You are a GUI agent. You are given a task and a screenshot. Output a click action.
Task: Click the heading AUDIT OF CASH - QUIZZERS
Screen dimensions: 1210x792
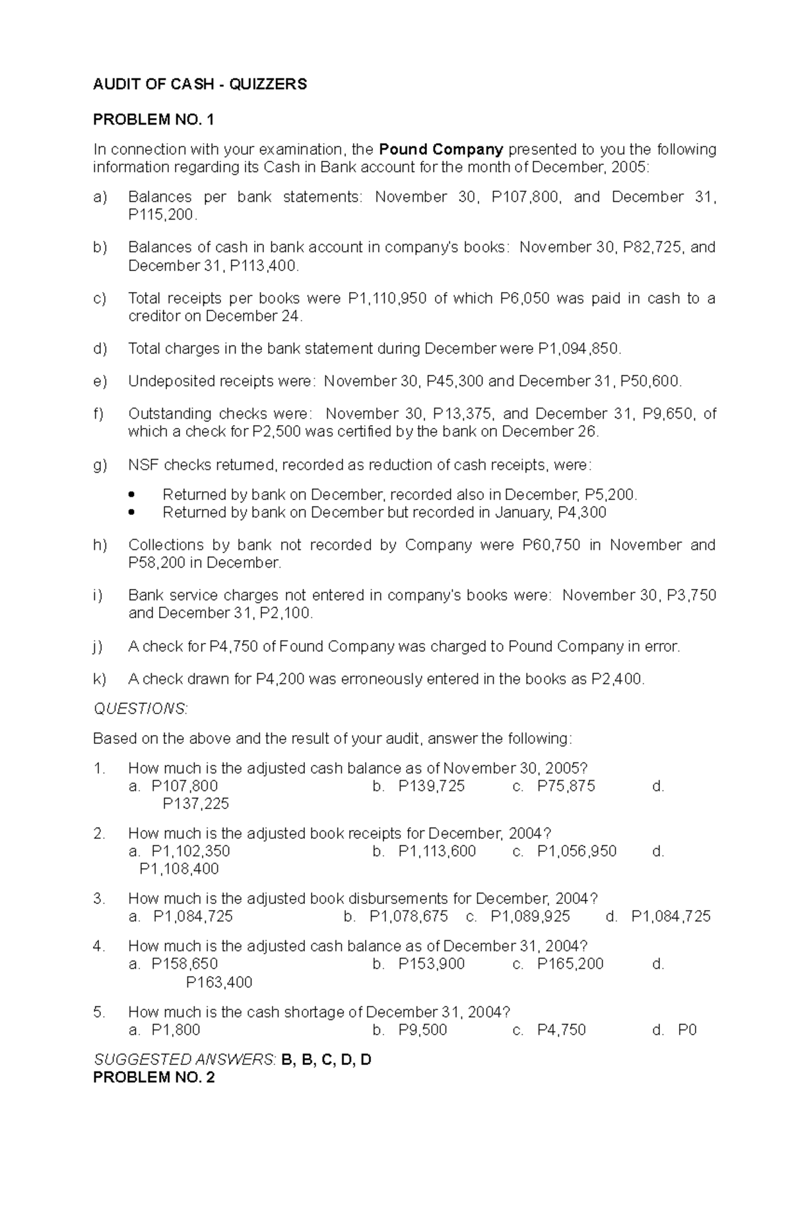(199, 84)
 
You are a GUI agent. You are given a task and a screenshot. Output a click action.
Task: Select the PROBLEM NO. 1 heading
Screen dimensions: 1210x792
(154, 119)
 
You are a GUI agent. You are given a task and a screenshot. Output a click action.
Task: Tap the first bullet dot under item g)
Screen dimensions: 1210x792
(133, 495)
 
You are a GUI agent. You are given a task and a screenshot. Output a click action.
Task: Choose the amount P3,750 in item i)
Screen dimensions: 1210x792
(691, 595)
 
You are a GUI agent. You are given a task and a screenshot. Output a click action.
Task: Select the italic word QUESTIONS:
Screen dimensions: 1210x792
(141, 709)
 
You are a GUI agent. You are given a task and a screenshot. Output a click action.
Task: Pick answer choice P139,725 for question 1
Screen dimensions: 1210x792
(431, 786)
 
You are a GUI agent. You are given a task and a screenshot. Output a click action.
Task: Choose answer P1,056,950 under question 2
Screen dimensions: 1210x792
(576, 851)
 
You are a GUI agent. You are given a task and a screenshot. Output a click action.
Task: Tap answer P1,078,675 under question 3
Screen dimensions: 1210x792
(408, 917)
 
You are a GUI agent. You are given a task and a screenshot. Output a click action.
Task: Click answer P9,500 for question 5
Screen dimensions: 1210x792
(422, 1030)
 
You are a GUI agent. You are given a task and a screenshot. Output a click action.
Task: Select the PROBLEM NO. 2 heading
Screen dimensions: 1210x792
(154, 1077)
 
